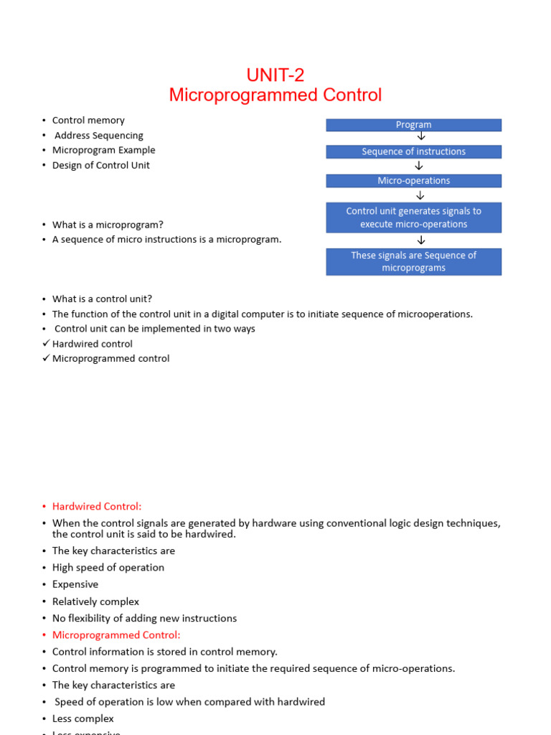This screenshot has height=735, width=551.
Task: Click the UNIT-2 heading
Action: (x=275, y=75)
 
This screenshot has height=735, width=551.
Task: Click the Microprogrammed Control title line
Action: (x=275, y=95)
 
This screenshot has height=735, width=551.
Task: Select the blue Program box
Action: (x=413, y=125)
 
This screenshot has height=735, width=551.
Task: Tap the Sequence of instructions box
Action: (x=413, y=151)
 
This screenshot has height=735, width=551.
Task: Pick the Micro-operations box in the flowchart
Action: (x=413, y=181)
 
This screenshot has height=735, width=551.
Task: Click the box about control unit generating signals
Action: (x=413, y=217)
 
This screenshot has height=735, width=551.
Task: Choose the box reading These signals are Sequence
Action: (x=413, y=261)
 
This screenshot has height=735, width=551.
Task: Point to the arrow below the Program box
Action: (x=420, y=137)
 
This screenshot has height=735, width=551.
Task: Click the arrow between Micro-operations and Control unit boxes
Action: (x=420, y=195)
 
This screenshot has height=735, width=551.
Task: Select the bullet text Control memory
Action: (x=88, y=121)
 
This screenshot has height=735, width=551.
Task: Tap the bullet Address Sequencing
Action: (x=99, y=136)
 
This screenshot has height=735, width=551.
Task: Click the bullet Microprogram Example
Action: (x=103, y=150)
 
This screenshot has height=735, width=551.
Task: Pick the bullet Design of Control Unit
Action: (x=101, y=165)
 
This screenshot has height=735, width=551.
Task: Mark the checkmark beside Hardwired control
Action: (x=46, y=344)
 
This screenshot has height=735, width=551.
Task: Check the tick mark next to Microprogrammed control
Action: (x=46, y=358)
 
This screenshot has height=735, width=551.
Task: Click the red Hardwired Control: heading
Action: (x=97, y=507)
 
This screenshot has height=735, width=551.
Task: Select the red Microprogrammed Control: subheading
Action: (x=116, y=635)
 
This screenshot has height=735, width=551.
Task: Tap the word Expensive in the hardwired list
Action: (x=75, y=584)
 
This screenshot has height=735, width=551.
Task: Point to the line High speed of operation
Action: (x=108, y=568)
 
